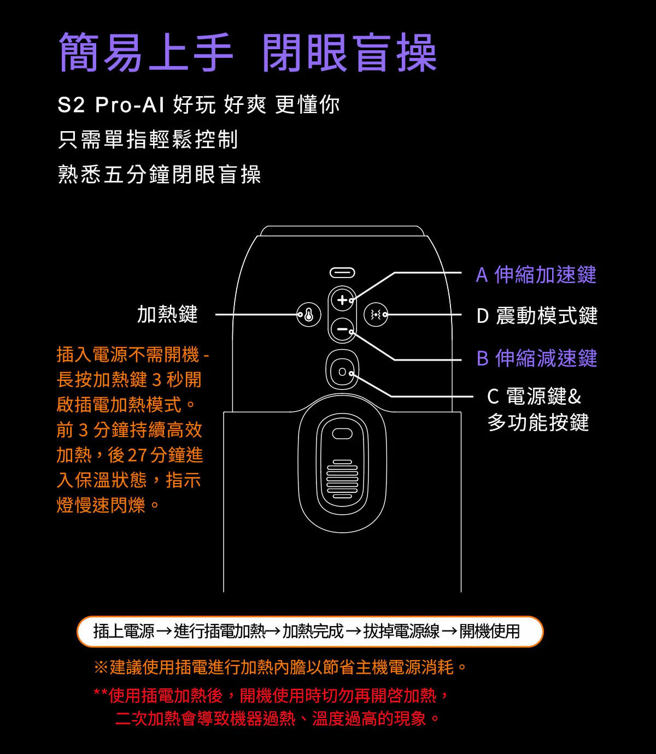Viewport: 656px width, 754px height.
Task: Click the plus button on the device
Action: tap(342, 300)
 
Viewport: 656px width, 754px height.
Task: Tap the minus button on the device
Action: tap(342, 329)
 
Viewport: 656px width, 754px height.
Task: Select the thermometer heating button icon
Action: tap(309, 315)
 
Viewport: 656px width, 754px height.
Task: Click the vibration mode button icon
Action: tap(376, 315)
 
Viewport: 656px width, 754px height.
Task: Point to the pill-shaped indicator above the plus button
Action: tap(342, 273)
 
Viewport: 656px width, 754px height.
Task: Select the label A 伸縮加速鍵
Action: tap(536, 274)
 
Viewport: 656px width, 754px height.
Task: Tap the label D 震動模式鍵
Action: tap(537, 316)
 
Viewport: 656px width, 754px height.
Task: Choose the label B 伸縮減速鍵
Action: tap(537, 358)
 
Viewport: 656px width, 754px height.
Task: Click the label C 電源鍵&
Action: tap(534, 397)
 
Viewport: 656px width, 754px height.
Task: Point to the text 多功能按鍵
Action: tap(538, 422)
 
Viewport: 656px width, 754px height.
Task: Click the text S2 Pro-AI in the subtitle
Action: tap(110, 105)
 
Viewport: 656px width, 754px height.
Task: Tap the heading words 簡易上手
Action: tap(146, 52)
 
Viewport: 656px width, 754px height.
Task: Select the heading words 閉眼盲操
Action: tap(349, 52)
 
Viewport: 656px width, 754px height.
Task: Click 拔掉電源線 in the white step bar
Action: tap(402, 631)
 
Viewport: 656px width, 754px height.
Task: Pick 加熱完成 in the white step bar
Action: tap(313, 631)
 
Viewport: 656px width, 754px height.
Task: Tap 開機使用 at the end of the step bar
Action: tap(490, 631)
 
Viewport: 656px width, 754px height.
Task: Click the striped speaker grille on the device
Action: tap(342, 479)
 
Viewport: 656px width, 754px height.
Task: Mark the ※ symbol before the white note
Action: tap(101, 667)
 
